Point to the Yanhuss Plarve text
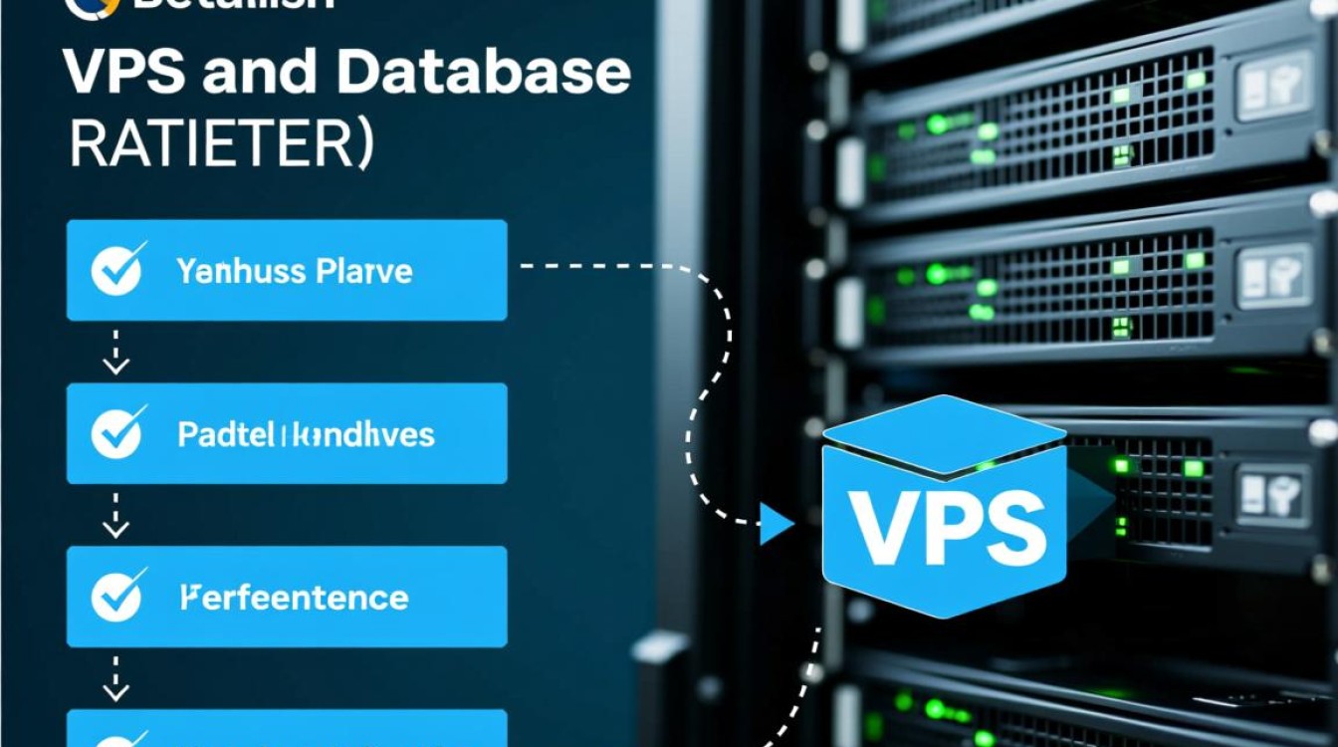[295, 270]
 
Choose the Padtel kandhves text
[306, 434]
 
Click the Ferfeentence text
[294, 598]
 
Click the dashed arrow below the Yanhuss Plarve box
[116, 352]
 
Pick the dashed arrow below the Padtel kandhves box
[116, 515]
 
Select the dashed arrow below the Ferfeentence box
[116, 678]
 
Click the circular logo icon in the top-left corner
[84, 6]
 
